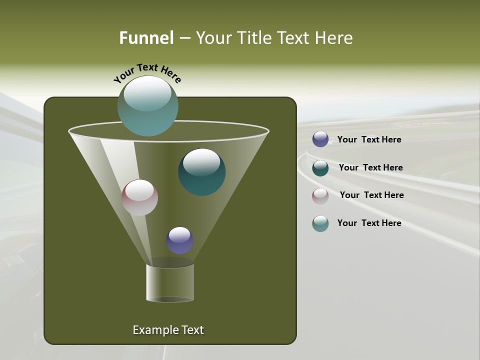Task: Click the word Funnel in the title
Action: click(146, 38)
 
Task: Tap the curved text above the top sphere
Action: click(147, 72)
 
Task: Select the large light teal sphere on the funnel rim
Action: click(147, 105)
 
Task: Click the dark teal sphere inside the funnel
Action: click(202, 172)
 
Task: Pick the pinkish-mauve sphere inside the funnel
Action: click(139, 197)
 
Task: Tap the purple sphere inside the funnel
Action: click(179, 240)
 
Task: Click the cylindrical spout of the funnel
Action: click(170, 282)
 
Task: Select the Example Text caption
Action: click(168, 330)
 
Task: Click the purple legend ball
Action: click(320, 139)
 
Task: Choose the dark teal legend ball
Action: click(320, 168)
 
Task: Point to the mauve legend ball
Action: click(320, 196)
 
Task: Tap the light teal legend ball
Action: click(320, 223)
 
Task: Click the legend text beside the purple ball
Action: click(369, 140)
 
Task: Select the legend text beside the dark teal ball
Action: click(370, 168)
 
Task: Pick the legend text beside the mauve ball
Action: click(371, 195)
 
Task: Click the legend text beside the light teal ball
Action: click(369, 223)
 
